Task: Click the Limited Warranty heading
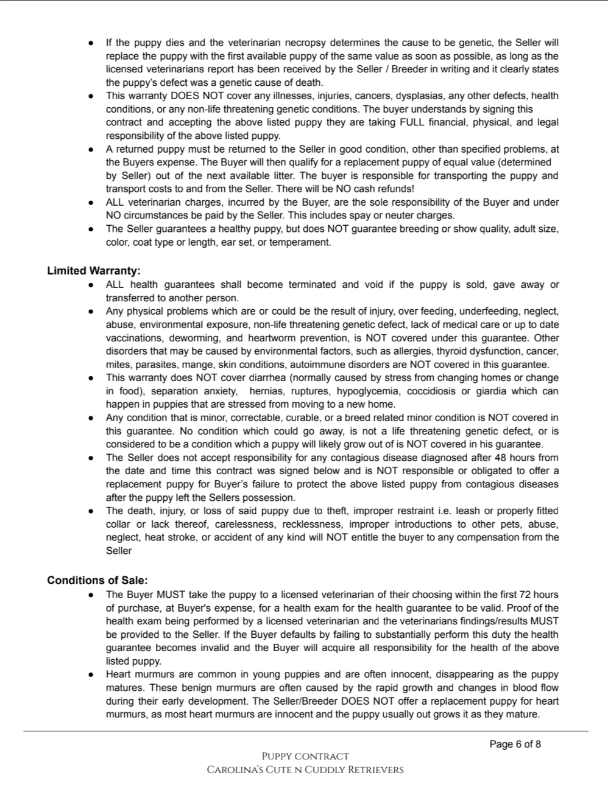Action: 94,271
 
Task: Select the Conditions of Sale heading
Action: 97,581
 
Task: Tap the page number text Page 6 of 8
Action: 515,744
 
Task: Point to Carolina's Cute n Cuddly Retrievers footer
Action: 305,770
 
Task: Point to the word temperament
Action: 304,242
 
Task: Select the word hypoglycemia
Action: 364,391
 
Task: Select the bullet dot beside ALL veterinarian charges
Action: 91,203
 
